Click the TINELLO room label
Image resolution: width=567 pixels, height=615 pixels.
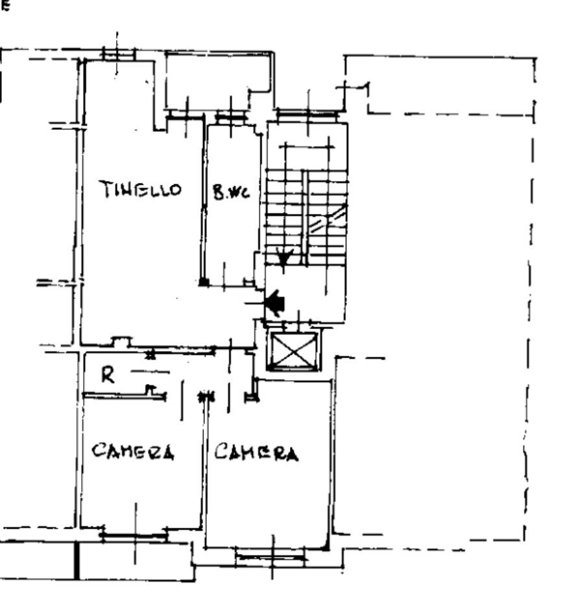(x=140, y=189)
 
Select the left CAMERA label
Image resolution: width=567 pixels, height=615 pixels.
(x=133, y=451)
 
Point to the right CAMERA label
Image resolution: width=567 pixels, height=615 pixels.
(x=257, y=452)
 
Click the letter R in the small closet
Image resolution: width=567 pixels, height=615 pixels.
(x=109, y=375)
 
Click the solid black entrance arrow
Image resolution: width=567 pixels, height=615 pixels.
(x=276, y=302)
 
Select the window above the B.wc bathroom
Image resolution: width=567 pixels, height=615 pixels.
(x=231, y=117)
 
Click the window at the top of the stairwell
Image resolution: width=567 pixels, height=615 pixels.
(x=308, y=114)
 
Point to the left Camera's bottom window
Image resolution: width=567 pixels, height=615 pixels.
(x=135, y=535)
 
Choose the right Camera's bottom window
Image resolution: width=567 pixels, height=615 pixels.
(x=271, y=555)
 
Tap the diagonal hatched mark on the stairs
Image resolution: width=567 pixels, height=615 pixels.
(x=328, y=221)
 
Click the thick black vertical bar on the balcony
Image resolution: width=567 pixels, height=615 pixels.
(x=77, y=561)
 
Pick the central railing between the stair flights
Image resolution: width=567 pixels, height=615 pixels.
(x=304, y=217)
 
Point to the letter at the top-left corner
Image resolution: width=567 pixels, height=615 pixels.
(x=5, y=7)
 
